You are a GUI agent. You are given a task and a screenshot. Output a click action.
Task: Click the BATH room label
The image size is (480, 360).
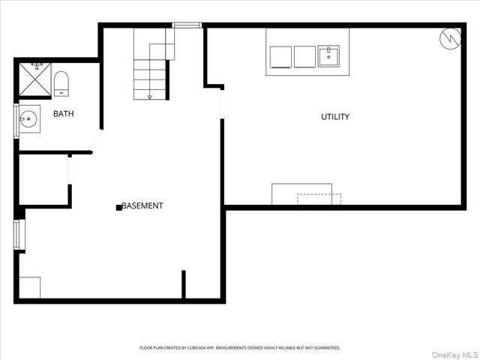point(62,114)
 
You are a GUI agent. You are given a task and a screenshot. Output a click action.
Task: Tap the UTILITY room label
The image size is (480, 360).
point(335,117)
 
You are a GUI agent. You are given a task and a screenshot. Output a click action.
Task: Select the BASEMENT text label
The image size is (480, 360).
point(142,206)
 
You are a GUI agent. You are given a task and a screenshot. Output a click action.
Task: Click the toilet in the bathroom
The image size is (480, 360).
point(61,83)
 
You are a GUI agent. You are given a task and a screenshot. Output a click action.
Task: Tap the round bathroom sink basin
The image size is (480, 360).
point(30,118)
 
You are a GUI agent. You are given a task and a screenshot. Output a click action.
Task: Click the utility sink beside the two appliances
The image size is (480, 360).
point(328,56)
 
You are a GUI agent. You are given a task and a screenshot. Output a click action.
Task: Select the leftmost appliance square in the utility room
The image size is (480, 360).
point(280,57)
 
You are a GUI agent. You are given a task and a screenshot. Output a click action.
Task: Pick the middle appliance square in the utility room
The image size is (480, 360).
point(304,57)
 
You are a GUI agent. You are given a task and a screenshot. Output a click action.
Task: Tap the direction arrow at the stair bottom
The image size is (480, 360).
point(150,95)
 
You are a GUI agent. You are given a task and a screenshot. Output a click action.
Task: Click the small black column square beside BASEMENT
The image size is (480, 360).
point(118,207)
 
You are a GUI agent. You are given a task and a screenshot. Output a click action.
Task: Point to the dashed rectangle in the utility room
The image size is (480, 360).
point(319,199)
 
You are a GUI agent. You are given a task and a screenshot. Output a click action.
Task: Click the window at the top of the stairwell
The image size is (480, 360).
point(187,25)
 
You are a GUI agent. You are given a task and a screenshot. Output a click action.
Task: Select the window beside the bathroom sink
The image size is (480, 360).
point(16,120)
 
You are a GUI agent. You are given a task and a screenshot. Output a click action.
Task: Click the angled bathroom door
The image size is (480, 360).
point(96,141)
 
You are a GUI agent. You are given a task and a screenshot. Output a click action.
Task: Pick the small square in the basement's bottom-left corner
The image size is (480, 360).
point(30,287)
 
